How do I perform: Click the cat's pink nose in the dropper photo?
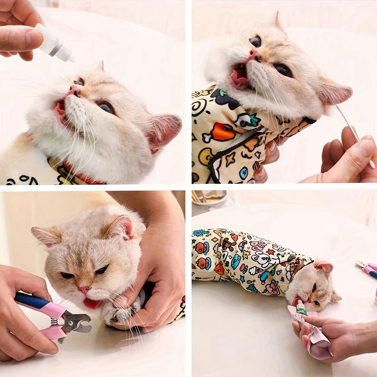coord(74,90)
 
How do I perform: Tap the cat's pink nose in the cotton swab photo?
coord(254,55)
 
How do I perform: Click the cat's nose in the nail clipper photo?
coord(84,290)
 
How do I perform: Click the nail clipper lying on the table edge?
coord(367,269)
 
